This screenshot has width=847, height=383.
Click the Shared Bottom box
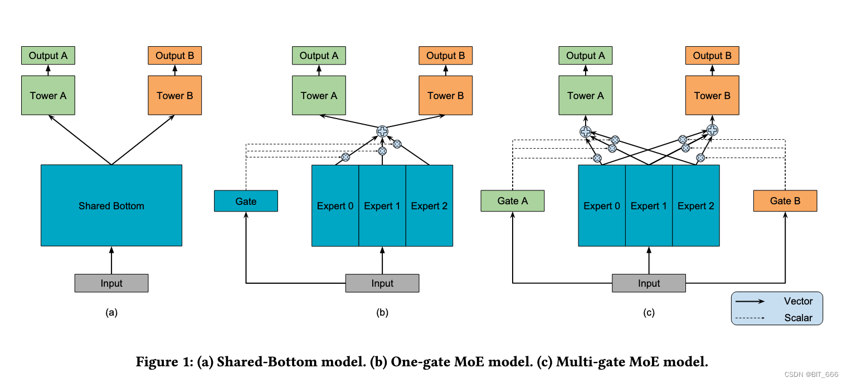coord(111,205)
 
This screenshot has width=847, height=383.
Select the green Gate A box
coord(512,201)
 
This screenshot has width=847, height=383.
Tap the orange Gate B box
coord(785,201)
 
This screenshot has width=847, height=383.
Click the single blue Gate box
coord(246,201)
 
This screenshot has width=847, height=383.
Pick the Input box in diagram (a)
coord(111,283)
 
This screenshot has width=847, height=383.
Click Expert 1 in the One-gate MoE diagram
coord(382,205)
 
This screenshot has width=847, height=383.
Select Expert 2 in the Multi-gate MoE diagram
coord(695,205)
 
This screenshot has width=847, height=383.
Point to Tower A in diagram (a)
coord(48,95)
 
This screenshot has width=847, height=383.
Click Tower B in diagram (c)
coord(712,95)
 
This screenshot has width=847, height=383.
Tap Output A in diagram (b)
coord(319,56)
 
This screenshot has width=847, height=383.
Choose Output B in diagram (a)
coord(174,56)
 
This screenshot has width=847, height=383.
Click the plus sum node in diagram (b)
coord(382,131)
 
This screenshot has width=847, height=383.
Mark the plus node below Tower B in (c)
coord(712,130)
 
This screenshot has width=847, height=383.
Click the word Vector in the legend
coord(798,301)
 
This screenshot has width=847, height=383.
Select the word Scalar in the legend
coord(798,318)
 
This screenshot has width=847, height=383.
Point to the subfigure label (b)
coord(382,312)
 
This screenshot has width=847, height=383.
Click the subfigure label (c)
coord(649,312)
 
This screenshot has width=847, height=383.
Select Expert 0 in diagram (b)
coord(335,205)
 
